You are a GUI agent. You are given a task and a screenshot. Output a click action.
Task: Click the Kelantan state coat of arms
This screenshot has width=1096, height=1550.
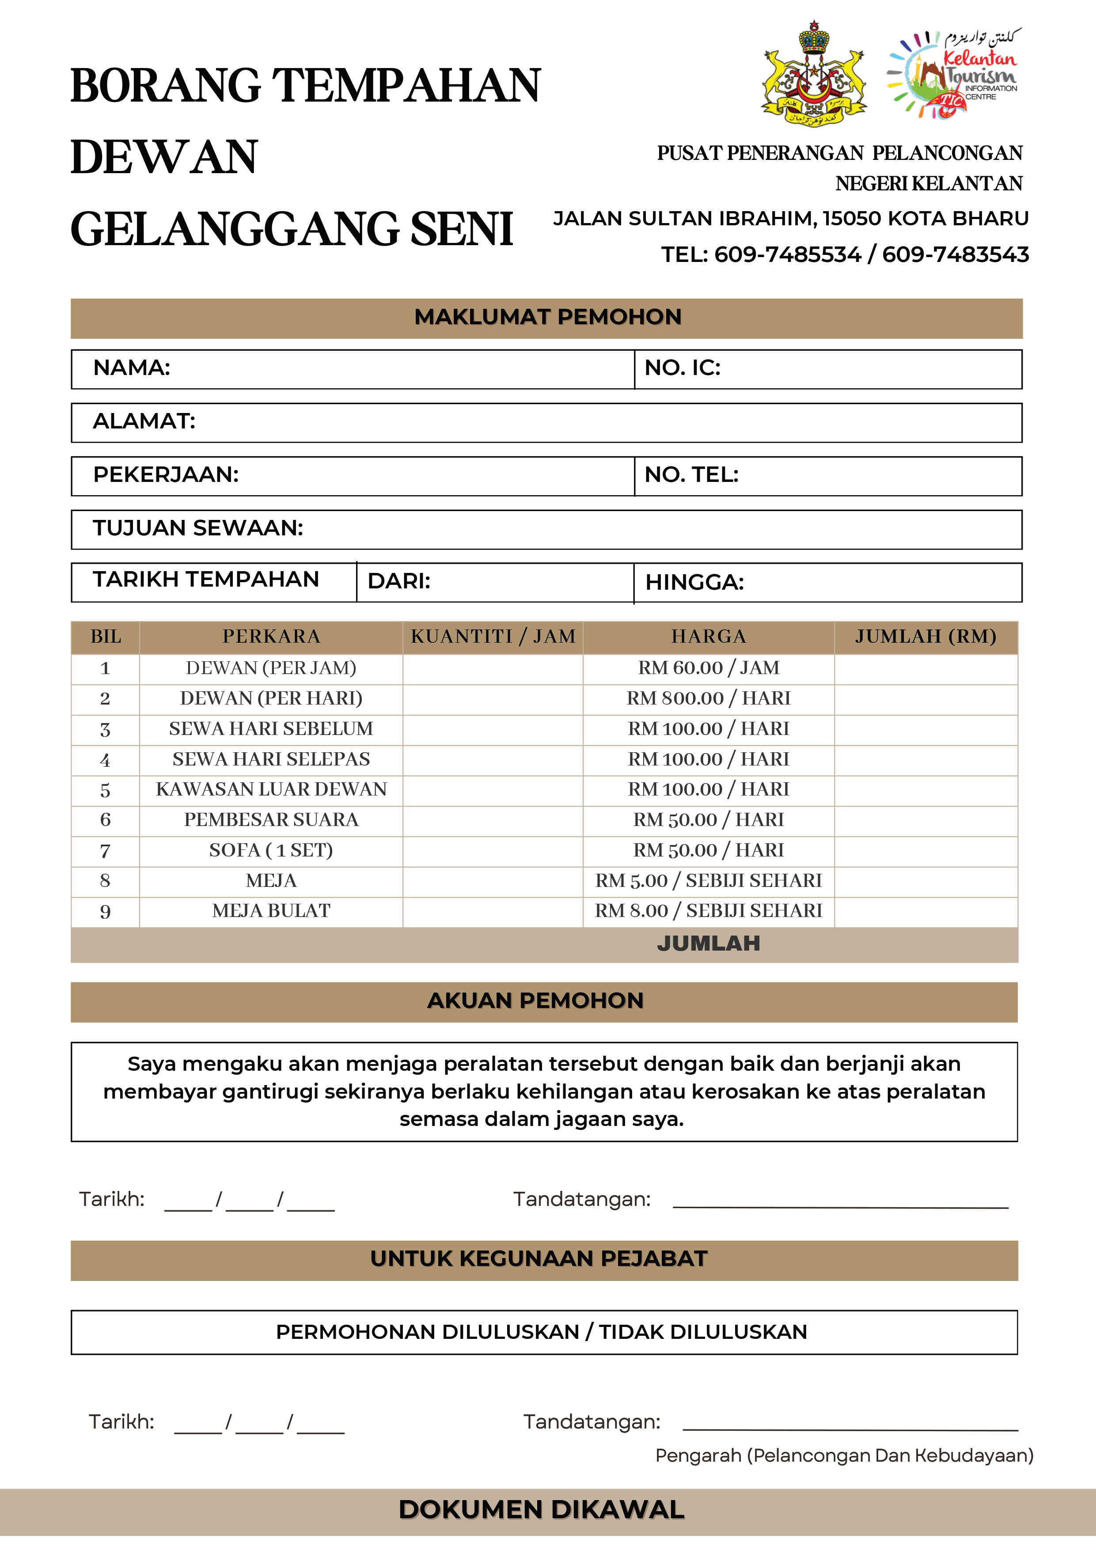(x=814, y=74)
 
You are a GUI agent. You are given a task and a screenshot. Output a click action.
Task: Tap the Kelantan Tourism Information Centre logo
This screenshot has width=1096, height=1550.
(x=953, y=74)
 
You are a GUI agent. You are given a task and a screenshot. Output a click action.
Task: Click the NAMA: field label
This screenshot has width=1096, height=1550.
(x=132, y=368)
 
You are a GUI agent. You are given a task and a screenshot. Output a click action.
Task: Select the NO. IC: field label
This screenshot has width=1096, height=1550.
(x=682, y=368)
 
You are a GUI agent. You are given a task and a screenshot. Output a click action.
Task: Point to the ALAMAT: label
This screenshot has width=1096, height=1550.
(x=144, y=421)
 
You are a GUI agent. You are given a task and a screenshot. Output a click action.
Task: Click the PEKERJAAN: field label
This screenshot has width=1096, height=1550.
(x=166, y=474)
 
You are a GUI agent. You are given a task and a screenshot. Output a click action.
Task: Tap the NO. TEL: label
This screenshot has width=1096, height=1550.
(x=691, y=474)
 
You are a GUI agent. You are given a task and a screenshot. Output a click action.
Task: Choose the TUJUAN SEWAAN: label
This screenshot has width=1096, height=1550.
(x=198, y=528)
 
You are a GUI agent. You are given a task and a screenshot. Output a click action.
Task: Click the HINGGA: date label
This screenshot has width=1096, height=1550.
(x=694, y=582)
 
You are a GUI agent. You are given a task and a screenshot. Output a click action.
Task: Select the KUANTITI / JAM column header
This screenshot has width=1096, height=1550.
(x=493, y=636)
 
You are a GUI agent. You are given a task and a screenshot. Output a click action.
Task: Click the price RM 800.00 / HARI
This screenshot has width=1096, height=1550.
(x=709, y=698)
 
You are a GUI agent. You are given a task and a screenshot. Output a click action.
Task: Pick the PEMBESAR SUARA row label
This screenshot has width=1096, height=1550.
(x=271, y=819)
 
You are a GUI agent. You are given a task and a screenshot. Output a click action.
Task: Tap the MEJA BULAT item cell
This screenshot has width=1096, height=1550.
(x=271, y=911)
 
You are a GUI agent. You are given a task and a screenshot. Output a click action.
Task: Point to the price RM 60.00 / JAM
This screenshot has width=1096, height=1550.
(x=709, y=667)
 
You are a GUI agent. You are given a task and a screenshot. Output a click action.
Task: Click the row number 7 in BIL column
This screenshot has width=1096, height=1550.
(x=105, y=851)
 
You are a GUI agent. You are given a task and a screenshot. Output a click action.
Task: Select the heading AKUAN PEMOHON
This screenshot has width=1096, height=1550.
(x=535, y=1000)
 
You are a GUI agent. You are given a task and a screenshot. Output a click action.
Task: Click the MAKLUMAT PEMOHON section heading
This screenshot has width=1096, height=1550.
(x=548, y=317)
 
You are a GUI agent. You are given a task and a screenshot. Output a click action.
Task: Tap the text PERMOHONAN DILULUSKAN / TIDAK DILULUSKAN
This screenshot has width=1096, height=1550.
(x=542, y=1332)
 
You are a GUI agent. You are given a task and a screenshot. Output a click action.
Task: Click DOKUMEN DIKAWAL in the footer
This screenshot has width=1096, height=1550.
(x=542, y=1509)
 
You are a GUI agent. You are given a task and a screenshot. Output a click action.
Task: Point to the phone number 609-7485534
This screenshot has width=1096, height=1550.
(x=787, y=254)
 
